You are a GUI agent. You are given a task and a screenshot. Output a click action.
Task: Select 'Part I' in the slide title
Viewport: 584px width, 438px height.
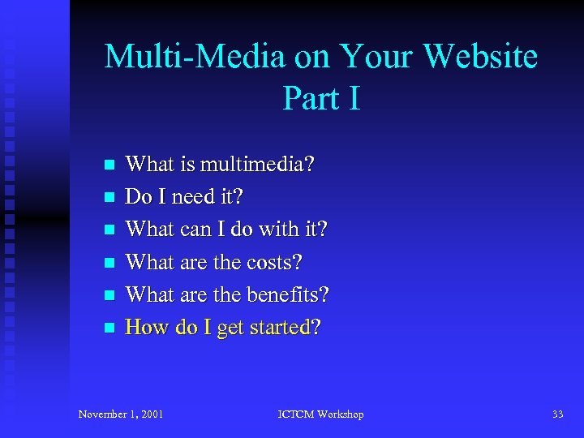click(x=321, y=99)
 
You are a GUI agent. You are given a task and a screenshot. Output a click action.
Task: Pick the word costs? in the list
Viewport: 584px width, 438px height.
click(x=274, y=262)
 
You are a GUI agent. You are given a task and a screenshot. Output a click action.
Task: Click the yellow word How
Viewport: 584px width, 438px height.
click(x=146, y=328)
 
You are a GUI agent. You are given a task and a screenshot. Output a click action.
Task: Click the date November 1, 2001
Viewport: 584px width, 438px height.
click(x=121, y=414)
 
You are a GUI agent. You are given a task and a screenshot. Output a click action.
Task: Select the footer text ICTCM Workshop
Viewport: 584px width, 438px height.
click(x=320, y=414)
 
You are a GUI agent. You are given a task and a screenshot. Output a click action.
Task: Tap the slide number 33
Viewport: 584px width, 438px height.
click(x=557, y=414)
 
